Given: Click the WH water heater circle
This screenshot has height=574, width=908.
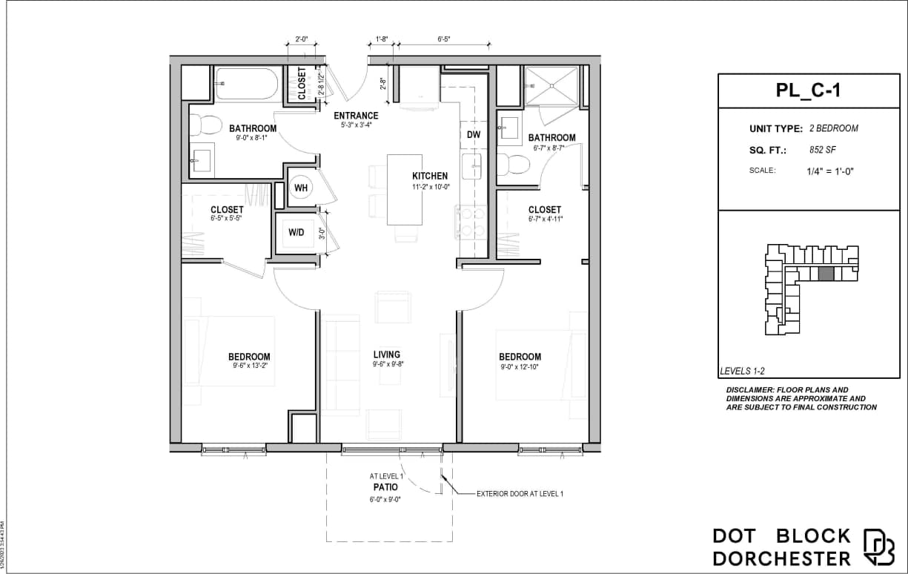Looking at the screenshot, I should [302, 188].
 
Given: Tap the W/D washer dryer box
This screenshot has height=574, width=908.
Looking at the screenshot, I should [296, 232].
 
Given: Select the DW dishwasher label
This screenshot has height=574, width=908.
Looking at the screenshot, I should [474, 134].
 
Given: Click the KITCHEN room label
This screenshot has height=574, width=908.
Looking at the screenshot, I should [430, 176].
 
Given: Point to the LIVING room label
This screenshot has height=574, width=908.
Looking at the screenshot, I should [386, 354].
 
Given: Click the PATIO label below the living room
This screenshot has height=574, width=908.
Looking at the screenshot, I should [385, 487].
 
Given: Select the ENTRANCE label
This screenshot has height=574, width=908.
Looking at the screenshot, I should [356, 116].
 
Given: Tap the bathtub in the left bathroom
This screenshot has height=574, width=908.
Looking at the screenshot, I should [247, 84].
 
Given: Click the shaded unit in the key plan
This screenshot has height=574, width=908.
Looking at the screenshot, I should [826, 274].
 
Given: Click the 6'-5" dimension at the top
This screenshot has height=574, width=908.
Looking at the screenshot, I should [444, 38].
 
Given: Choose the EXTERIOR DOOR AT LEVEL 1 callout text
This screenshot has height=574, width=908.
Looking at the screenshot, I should [520, 493].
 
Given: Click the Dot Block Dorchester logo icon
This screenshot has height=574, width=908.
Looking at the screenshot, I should [880, 547].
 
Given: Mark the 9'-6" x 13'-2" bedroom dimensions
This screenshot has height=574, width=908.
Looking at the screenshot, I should [249, 365].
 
